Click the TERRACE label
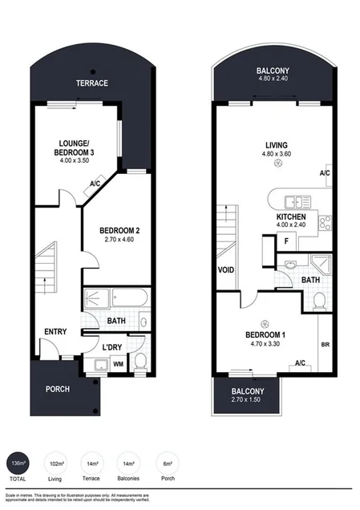[92, 83]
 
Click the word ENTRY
[56, 332]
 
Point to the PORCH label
[58, 389]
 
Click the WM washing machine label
[118, 365]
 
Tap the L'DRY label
[112, 346]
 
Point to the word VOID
[225, 269]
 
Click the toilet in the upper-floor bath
[320, 300]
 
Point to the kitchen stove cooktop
[325, 222]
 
